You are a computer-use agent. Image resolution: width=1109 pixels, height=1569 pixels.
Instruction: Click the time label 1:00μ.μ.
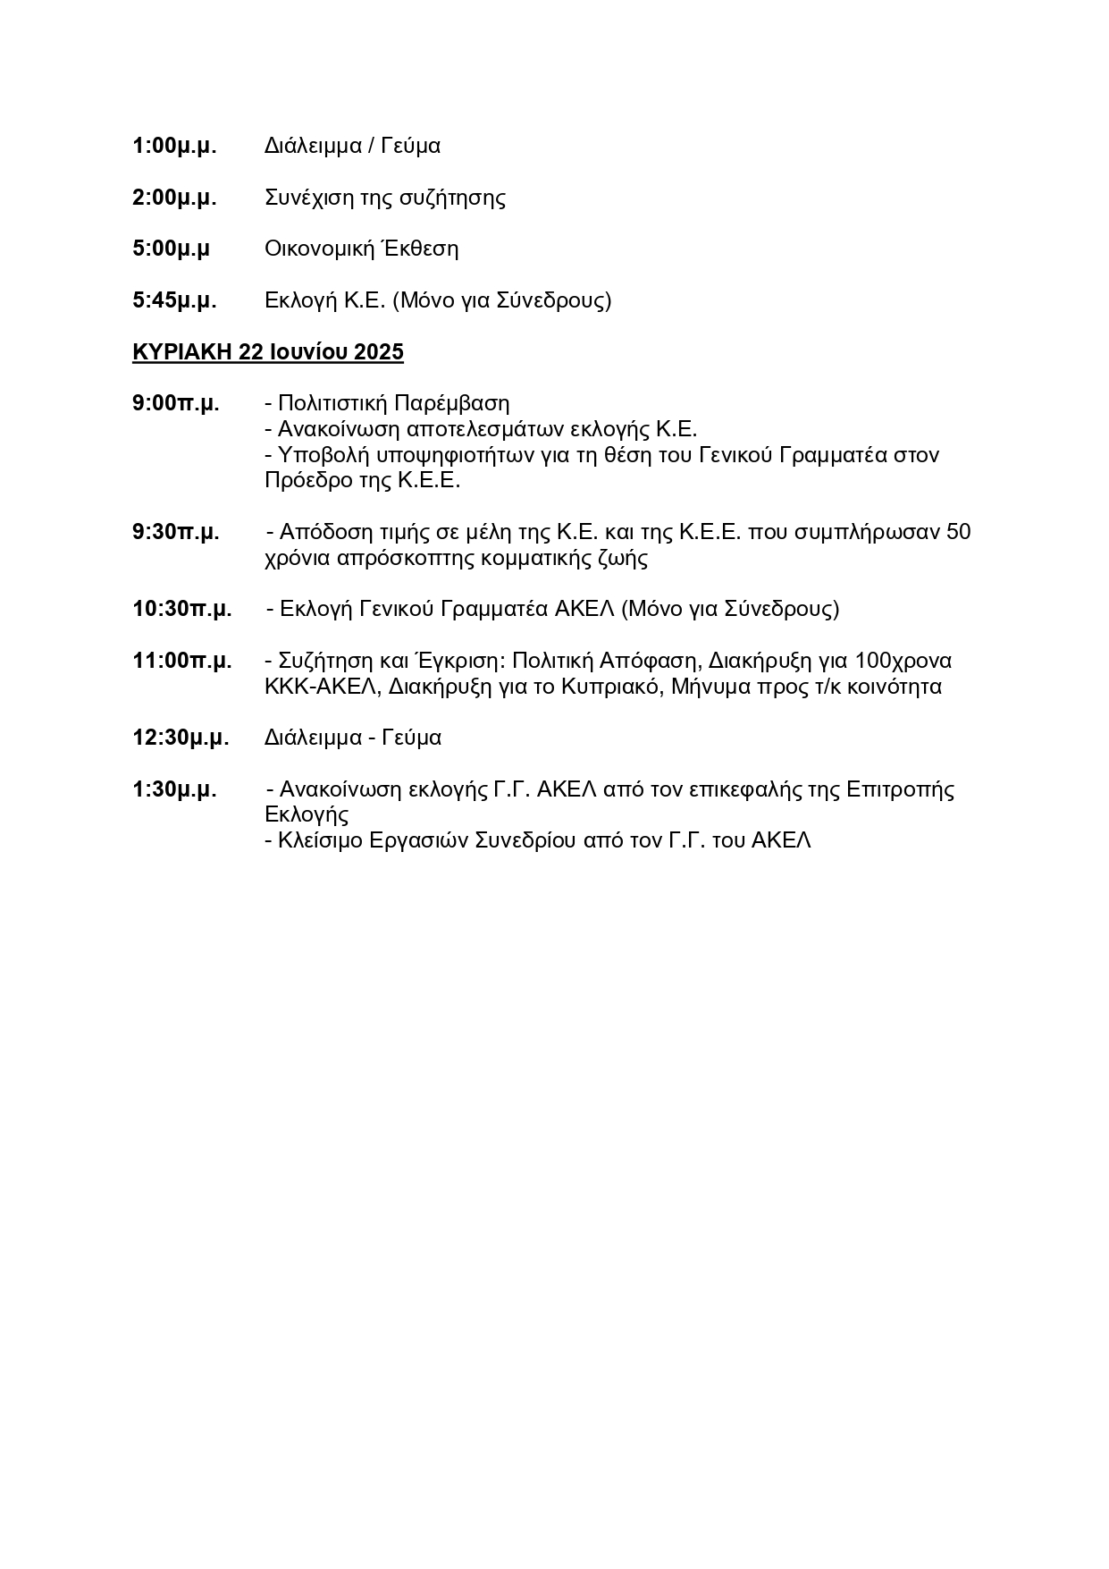point(174,146)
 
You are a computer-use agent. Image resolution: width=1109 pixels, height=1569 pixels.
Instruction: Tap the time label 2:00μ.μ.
point(174,198)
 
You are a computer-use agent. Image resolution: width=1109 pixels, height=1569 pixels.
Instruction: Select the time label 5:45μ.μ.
point(174,300)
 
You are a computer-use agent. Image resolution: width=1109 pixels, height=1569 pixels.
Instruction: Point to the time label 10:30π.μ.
point(181,610)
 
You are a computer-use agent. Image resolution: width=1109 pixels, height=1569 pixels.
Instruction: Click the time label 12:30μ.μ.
point(181,738)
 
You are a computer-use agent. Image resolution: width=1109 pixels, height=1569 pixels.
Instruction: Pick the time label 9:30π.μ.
point(175,533)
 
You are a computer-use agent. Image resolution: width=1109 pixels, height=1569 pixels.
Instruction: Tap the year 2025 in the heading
point(379,352)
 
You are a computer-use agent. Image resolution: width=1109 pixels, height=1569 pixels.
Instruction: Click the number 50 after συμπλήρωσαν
point(958,533)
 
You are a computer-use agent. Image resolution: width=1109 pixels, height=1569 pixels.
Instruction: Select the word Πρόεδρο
point(301,481)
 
